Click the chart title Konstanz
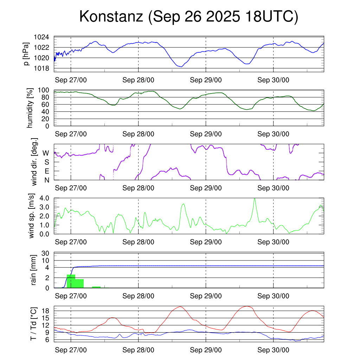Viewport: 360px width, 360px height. [x=188, y=17]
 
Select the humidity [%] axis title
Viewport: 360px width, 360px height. [x=30, y=108]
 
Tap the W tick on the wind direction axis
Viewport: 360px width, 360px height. [x=46, y=153]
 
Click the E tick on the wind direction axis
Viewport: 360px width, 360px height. [x=46, y=171]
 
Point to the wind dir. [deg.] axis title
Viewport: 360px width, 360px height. [x=34, y=162]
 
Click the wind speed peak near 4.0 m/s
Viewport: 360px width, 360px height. [x=255, y=199]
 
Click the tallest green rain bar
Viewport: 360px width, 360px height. [x=71, y=281]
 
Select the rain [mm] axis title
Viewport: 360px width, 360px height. [x=34, y=270]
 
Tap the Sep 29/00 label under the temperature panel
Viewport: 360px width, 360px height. [x=206, y=350]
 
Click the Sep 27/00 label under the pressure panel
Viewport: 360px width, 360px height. [x=71, y=80]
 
